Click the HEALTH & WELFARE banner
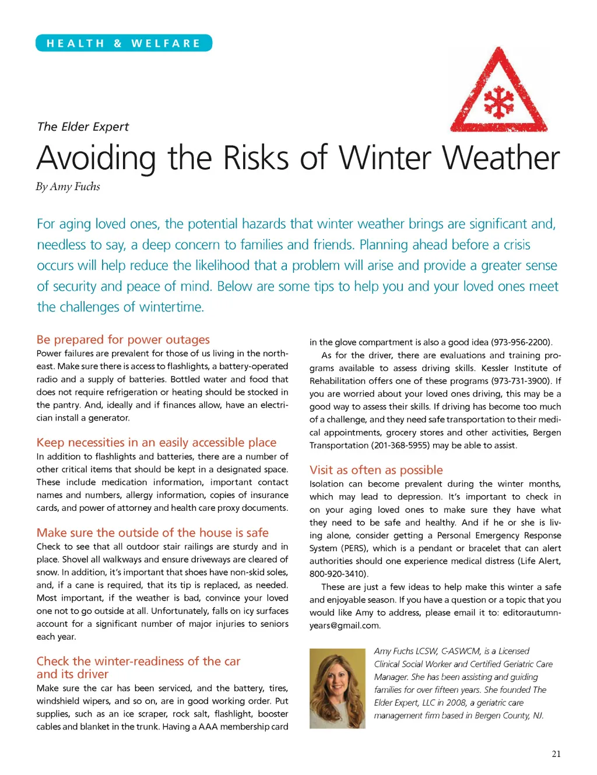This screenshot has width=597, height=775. pos(124,43)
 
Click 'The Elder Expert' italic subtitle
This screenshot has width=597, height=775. pos(83,127)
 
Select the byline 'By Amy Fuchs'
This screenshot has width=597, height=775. pos(68,187)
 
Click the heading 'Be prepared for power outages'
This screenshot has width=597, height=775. pos(123,339)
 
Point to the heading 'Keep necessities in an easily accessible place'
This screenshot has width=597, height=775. pos(156,443)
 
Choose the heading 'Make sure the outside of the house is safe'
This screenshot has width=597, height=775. pos(152,532)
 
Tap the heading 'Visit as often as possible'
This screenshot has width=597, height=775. pos(376,470)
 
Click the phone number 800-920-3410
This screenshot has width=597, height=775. pos(338,574)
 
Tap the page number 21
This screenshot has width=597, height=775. pos(556,754)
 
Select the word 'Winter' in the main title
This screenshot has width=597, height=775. pos(386,158)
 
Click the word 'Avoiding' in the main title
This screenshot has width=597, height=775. pos(96,158)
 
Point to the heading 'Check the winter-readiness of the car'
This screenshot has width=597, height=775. pos(138,661)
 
